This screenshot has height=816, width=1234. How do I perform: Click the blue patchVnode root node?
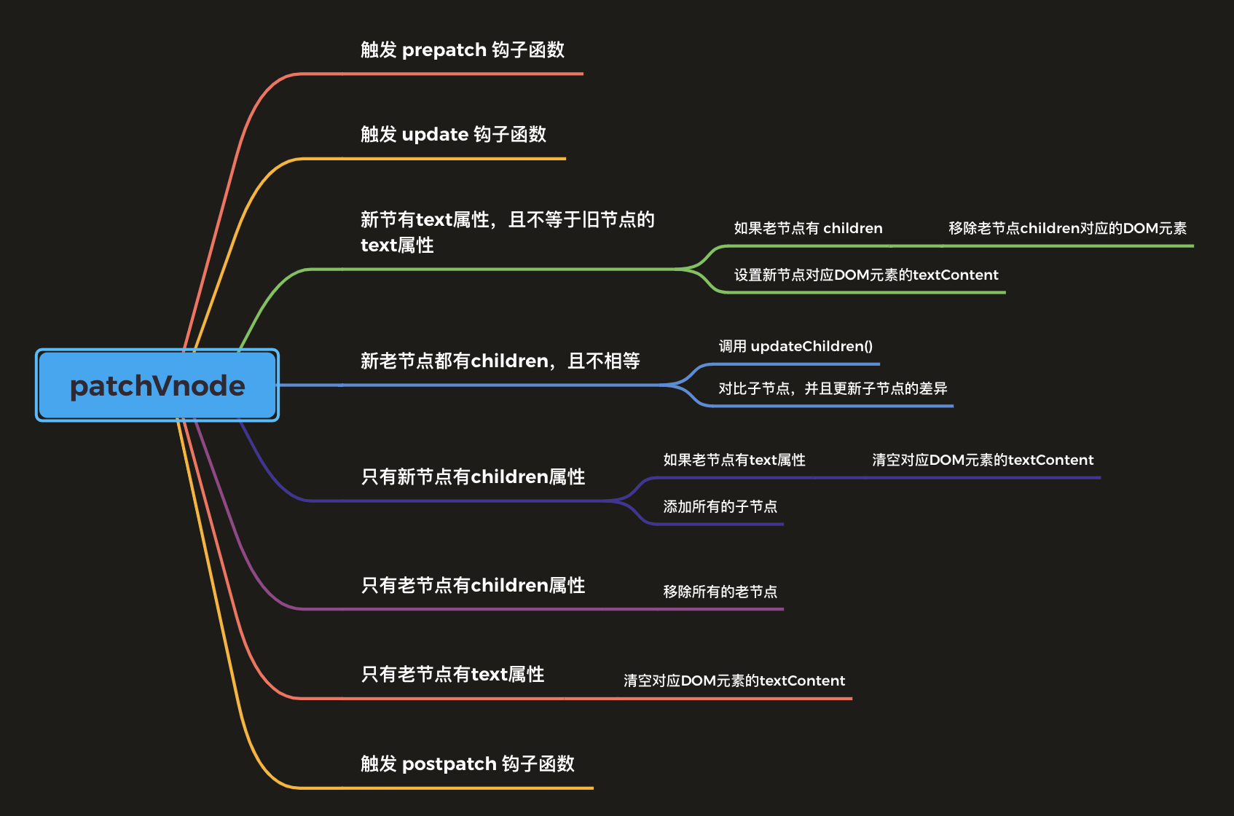tap(157, 385)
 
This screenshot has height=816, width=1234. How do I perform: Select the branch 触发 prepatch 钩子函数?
tap(463, 50)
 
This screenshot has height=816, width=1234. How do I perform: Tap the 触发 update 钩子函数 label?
tap(453, 134)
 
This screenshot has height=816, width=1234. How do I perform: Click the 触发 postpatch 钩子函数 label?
tap(468, 764)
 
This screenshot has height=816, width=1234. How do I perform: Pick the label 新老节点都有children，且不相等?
tap(500, 361)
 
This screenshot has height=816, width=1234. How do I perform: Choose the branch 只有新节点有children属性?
tap(473, 476)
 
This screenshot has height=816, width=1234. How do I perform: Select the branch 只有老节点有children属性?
tap(473, 585)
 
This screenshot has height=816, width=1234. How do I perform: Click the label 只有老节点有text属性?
tap(452, 674)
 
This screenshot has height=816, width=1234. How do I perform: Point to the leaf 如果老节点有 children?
tap(808, 228)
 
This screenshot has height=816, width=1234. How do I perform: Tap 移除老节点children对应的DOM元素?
tap(1067, 228)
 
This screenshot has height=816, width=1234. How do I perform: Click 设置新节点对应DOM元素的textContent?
tap(865, 275)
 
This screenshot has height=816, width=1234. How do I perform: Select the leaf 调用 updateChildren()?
tap(795, 346)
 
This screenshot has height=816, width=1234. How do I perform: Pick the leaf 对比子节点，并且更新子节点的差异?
tap(833, 388)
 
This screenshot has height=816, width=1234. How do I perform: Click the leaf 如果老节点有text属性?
tap(734, 460)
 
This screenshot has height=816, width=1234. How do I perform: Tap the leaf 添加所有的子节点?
tap(720, 506)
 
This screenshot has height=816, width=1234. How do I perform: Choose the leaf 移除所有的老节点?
tap(720, 592)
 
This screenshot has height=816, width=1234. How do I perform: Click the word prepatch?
tap(444, 50)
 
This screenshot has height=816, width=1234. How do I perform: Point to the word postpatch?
tap(449, 764)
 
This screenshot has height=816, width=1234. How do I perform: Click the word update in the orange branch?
tap(435, 135)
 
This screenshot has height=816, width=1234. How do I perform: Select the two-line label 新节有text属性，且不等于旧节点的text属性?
tap(507, 232)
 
